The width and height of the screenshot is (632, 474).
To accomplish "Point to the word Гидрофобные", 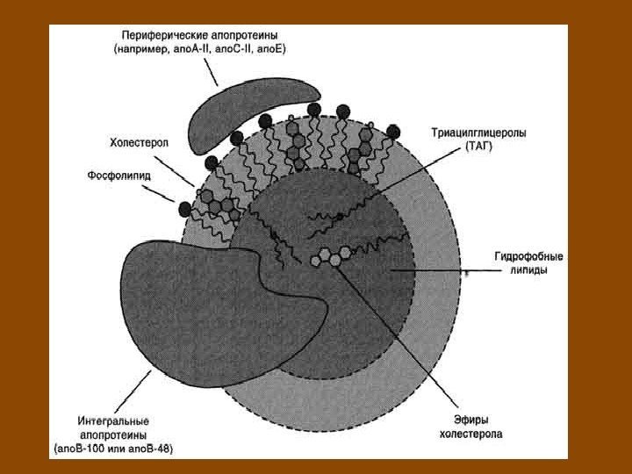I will click(x=528, y=257).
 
